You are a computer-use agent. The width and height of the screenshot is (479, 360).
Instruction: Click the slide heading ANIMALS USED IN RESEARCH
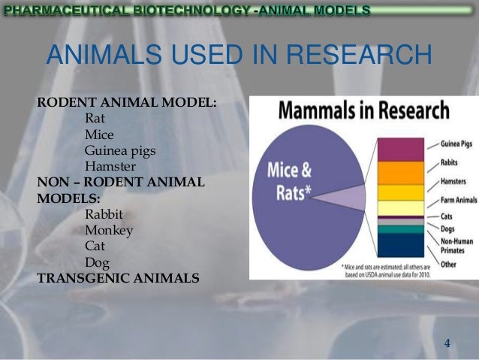[x=240, y=55]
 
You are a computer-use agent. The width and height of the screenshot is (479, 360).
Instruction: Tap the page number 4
[x=447, y=344]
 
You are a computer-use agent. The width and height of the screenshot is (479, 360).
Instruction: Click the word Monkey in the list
[x=109, y=231]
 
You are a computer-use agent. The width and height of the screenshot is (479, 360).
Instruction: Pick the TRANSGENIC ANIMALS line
[x=118, y=278]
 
